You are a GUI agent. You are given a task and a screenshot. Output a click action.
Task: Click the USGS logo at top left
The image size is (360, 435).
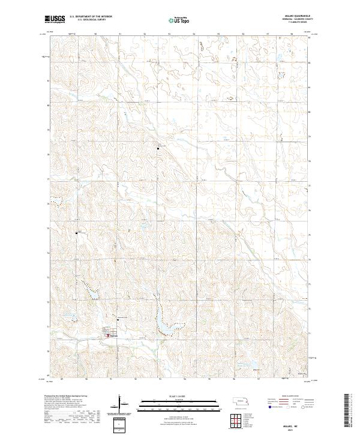[55, 20]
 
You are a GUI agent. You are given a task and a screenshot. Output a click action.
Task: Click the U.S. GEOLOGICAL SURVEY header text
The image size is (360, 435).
[91, 20]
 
